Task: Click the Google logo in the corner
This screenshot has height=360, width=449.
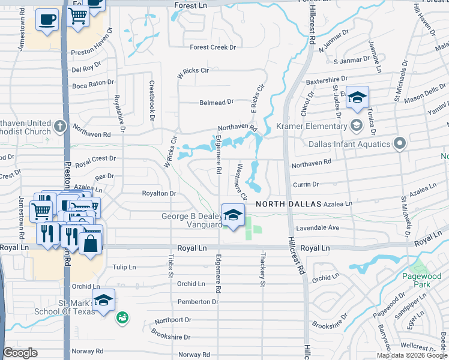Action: [x=20, y=353]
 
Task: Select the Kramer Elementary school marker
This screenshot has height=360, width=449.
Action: [x=356, y=125]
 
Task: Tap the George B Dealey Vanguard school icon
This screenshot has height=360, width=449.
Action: [x=232, y=215]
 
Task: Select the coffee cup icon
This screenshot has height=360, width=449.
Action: [x=46, y=19]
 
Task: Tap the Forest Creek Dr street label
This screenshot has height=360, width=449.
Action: [x=213, y=47]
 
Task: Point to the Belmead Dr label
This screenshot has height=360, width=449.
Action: [x=217, y=103]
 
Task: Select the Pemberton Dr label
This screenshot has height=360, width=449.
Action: [x=198, y=302]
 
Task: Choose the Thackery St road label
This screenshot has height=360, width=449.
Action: [x=262, y=263]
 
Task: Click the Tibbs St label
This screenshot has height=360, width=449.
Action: [x=170, y=268]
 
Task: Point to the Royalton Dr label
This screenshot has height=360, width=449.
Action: [x=158, y=194]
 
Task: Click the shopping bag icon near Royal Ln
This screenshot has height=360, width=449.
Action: [x=90, y=244]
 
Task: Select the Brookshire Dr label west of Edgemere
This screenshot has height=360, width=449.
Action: [x=170, y=337]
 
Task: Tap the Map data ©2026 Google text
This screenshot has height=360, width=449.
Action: [x=412, y=355]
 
